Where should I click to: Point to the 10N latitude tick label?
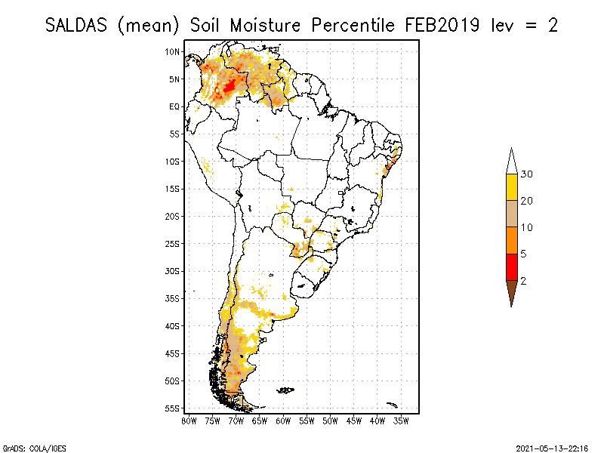[173, 51]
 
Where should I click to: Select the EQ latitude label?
[174, 106]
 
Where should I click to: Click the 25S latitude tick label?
[173, 243]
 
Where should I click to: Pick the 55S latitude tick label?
[173, 408]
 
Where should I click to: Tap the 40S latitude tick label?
[173, 325]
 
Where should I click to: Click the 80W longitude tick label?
[189, 421]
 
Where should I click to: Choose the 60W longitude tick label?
[283, 421]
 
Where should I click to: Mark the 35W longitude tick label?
[401, 421]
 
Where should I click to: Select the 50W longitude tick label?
[330, 421]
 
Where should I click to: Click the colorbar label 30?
[527, 174]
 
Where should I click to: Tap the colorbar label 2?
[523, 281]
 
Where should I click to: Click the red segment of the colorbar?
[511, 267]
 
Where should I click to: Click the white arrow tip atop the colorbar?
[511, 162]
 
